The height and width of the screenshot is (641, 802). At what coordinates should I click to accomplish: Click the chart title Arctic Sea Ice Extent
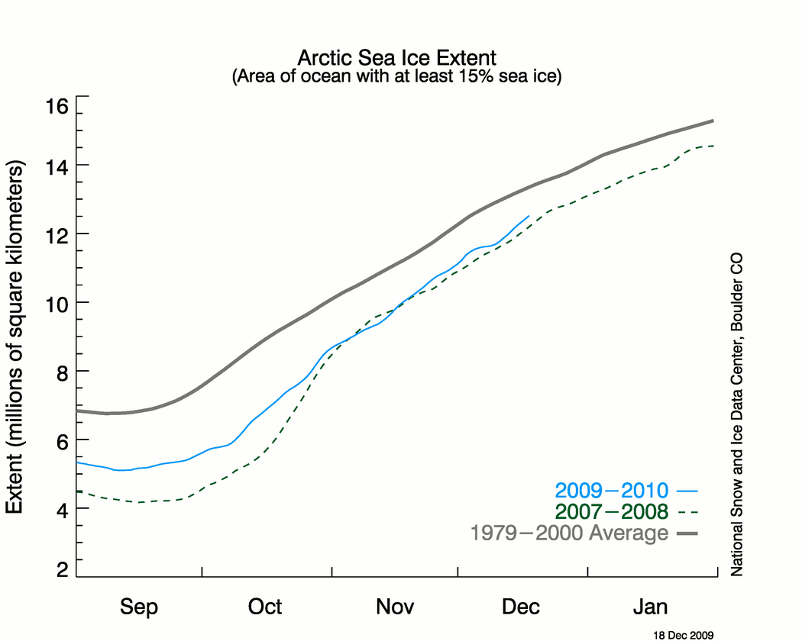[396, 58]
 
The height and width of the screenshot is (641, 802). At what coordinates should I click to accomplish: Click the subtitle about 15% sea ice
[396, 77]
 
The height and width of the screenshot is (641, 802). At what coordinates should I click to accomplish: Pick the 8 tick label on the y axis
[60, 372]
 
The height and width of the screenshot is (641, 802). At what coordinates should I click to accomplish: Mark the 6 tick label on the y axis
[60, 440]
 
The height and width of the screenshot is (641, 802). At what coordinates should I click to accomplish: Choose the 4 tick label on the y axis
[60, 509]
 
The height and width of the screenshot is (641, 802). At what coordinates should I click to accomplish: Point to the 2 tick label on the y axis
[60, 570]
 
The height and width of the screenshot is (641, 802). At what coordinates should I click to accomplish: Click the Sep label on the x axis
[140, 607]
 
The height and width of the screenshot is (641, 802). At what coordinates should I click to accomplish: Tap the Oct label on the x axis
[265, 607]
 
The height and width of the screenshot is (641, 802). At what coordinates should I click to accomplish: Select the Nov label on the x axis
[395, 607]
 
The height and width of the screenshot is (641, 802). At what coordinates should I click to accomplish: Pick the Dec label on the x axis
[521, 607]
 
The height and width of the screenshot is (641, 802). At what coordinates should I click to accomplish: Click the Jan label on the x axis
[651, 607]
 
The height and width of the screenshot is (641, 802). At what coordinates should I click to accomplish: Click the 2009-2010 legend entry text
[612, 491]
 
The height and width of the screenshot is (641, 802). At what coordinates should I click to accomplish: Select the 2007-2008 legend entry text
[612, 511]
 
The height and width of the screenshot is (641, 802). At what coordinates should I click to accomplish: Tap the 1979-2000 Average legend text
[569, 533]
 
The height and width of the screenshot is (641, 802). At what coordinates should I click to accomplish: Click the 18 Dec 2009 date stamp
[683, 634]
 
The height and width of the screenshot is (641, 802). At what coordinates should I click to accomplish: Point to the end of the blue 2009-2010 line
[529, 216]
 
